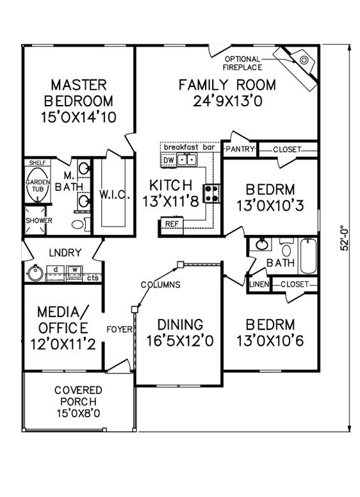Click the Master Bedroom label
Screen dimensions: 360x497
79,93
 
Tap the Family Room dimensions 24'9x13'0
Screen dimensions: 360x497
227,101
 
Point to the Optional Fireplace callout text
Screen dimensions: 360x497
242,63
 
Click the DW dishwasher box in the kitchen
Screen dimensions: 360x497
169,160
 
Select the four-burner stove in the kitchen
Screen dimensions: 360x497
211,193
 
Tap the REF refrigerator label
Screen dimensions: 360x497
172,224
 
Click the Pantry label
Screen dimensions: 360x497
240,149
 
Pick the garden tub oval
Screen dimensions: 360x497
38,185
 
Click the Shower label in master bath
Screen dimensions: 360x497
38,220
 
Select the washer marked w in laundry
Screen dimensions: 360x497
75,273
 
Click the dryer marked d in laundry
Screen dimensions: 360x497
56,273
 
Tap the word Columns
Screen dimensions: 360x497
161,284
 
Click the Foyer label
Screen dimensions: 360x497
119,330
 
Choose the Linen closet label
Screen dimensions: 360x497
259,284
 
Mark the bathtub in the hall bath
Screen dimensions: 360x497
308,256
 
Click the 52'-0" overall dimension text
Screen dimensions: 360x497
345,238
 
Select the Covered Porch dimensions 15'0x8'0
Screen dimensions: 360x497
78,413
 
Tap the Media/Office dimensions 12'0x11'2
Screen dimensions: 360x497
63,345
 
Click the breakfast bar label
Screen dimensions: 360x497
189,147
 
